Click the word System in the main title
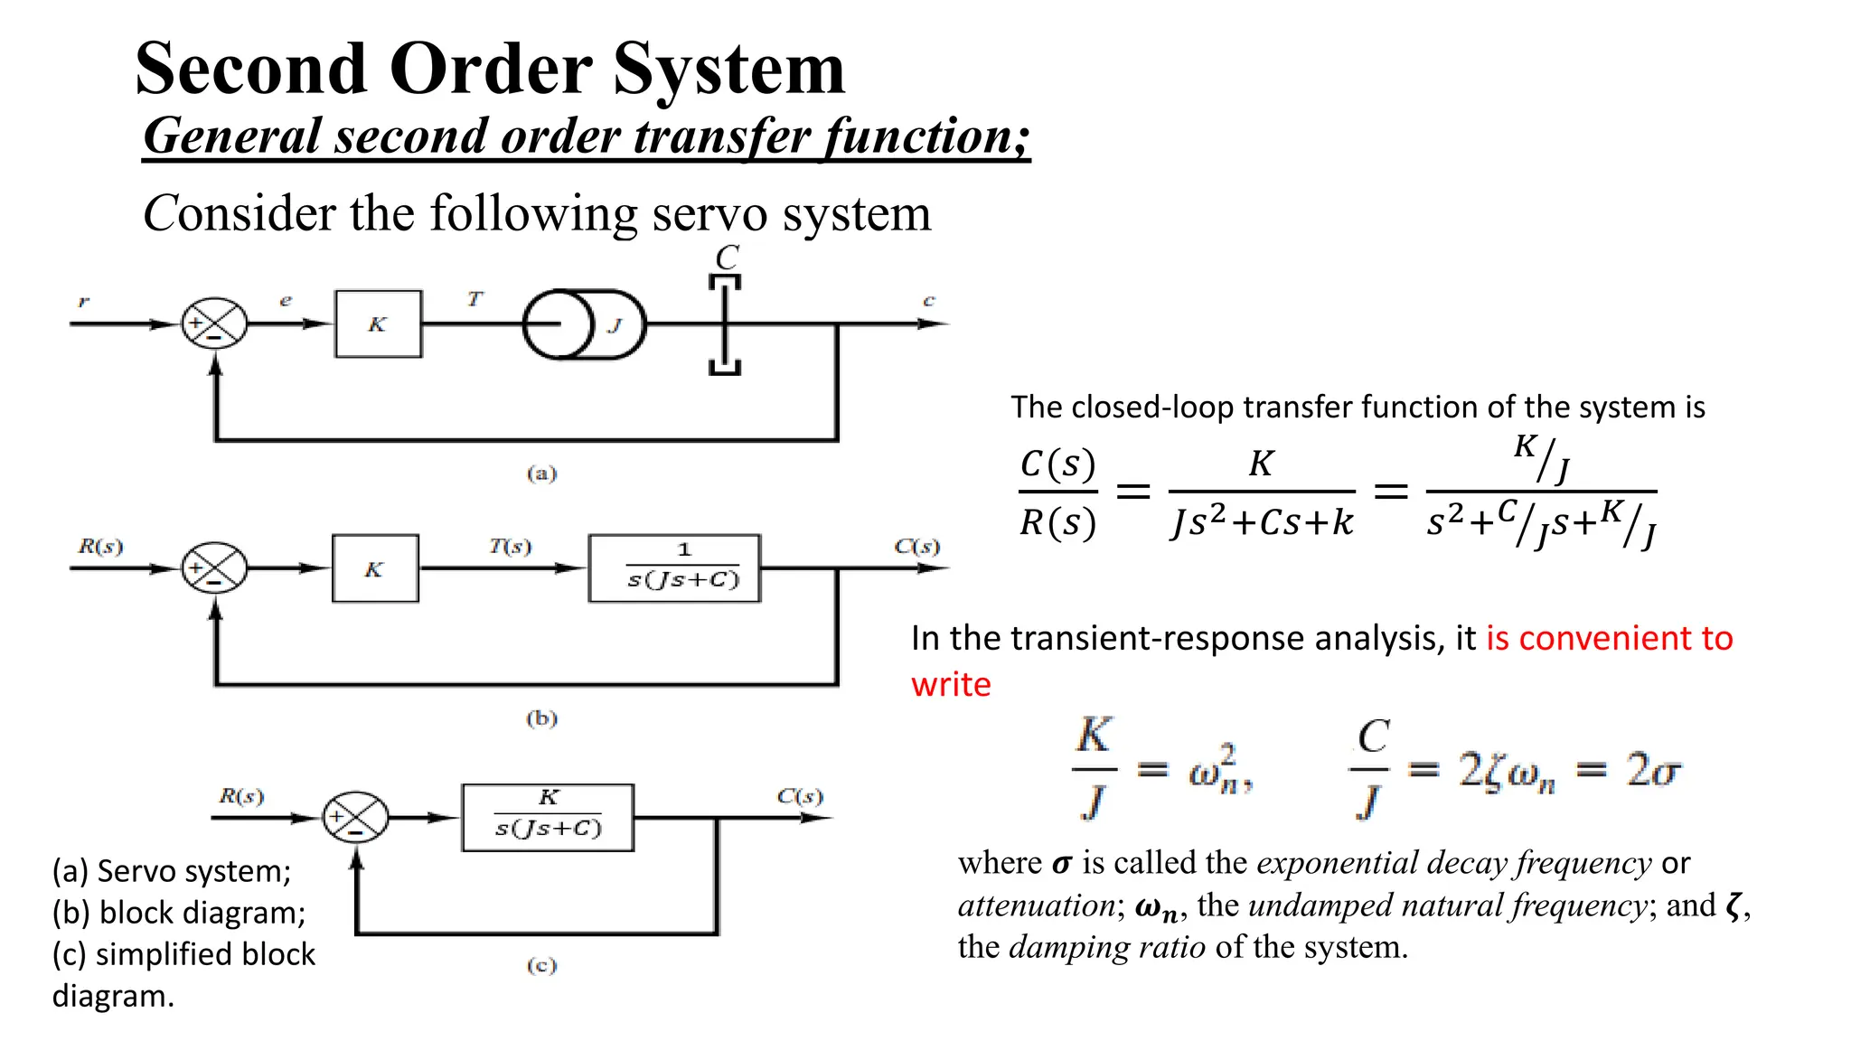(728, 70)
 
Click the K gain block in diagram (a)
(378, 324)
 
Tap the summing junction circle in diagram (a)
(214, 324)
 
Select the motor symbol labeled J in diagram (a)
(585, 324)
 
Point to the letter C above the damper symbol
(727, 258)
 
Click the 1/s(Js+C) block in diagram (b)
(674, 568)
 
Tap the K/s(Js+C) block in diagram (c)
(548, 818)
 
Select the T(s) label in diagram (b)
(511, 547)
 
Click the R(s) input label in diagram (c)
(241, 796)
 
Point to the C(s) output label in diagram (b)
(916, 547)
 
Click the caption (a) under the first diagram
(541, 474)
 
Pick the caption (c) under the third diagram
(541, 965)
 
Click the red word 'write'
(951, 685)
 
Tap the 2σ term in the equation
(1653, 771)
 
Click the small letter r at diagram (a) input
(83, 301)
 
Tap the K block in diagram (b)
(375, 569)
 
